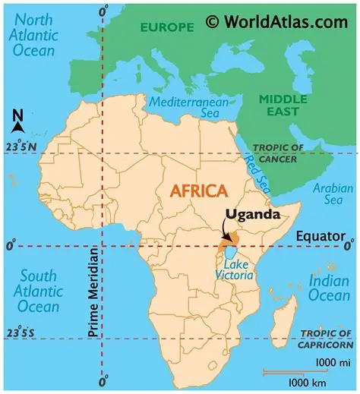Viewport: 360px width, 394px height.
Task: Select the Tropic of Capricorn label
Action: (x=327, y=338)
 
